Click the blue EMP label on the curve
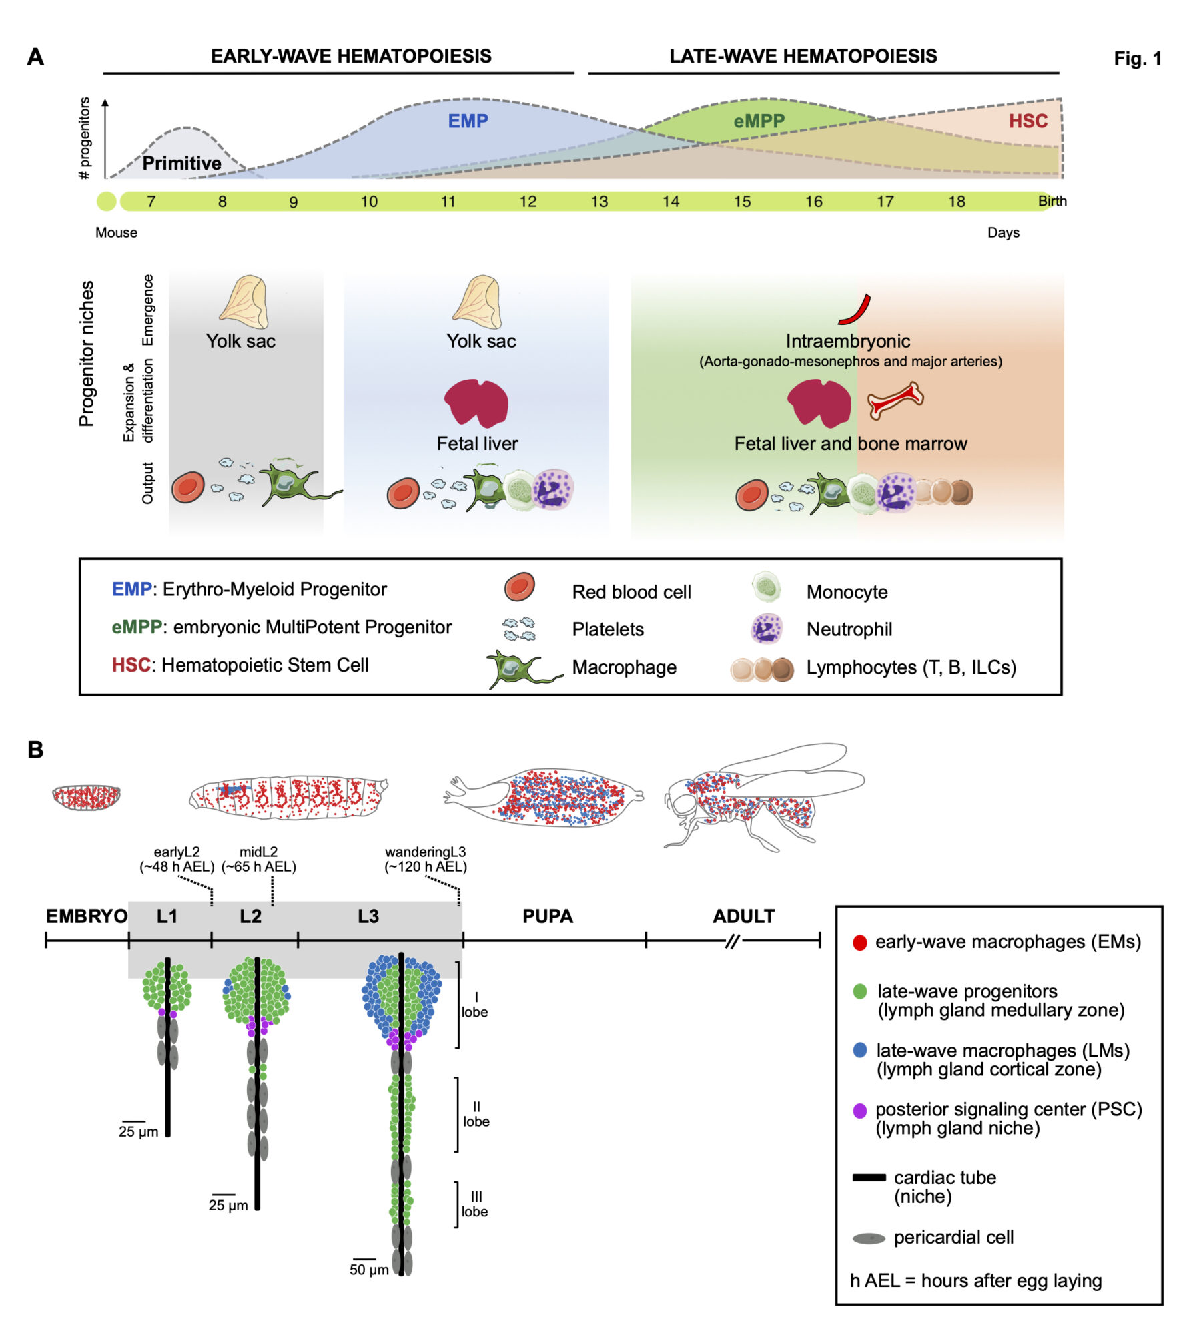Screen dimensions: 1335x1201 tap(468, 121)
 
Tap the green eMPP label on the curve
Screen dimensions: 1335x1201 tap(759, 121)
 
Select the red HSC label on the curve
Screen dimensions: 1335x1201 tap(1028, 121)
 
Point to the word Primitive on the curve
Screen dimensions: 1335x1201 tap(181, 163)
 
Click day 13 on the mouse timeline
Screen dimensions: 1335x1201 tap(599, 202)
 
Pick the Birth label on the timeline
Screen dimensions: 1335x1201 tap(1052, 201)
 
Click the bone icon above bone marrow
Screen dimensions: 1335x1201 tap(895, 400)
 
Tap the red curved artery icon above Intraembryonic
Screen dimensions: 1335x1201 tap(855, 310)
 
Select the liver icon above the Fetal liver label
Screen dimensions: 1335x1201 tap(476, 403)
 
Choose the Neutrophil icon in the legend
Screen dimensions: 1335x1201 tap(766, 629)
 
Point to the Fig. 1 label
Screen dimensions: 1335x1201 tap(1137, 59)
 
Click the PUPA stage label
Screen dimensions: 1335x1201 tap(547, 916)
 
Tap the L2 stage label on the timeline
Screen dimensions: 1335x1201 tap(250, 916)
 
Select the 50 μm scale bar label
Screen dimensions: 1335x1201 tap(369, 1270)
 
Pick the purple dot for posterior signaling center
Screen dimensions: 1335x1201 tap(859, 1111)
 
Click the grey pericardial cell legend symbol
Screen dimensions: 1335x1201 tap(869, 1239)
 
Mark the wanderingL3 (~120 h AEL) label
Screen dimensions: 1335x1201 tap(425, 859)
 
